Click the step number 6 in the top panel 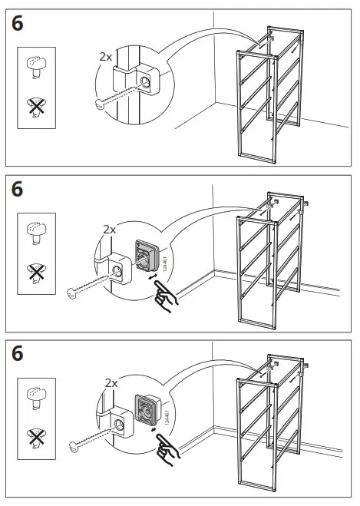click(18, 24)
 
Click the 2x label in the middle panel click(109, 230)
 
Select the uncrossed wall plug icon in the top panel click(35, 68)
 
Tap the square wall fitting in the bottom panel click(146, 408)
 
